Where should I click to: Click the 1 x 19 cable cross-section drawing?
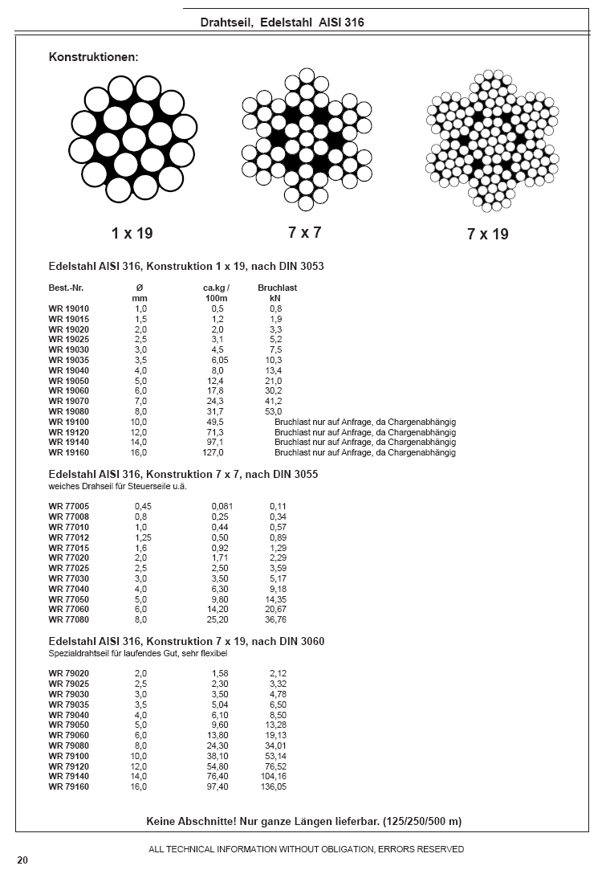pyautogui.click(x=133, y=139)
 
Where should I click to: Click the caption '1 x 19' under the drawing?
pyautogui.click(x=132, y=234)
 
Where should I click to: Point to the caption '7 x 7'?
pyautogui.click(x=305, y=233)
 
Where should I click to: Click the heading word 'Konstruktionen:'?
pyautogui.click(x=94, y=57)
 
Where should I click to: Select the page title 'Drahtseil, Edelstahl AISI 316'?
pyautogui.click(x=283, y=22)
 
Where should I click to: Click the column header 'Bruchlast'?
pyautogui.click(x=277, y=288)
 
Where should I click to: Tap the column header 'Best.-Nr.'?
pyautogui.click(x=67, y=288)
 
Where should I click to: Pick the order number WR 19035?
pyautogui.click(x=69, y=361)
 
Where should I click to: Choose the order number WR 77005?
pyautogui.click(x=69, y=506)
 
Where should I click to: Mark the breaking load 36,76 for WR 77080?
pyautogui.click(x=275, y=620)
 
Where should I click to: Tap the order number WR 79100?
pyautogui.click(x=69, y=756)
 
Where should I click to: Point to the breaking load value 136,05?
pyautogui.click(x=273, y=787)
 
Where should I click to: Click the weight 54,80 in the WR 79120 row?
pyautogui.click(x=218, y=766)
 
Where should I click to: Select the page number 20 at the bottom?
pyautogui.click(x=22, y=860)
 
